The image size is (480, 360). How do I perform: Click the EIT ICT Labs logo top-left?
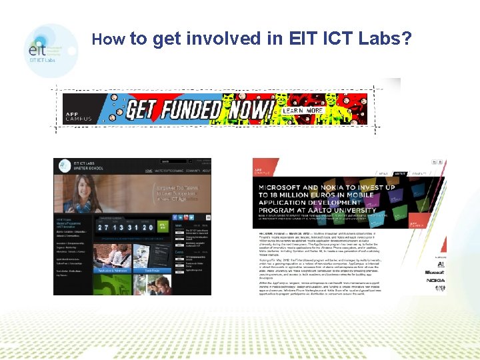(x=51, y=50)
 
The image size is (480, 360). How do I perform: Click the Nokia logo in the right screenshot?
(x=435, y=281)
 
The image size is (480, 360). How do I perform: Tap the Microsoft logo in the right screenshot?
(x=435, y=271)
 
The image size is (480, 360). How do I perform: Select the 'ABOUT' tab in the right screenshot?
(x=400, y=173)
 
